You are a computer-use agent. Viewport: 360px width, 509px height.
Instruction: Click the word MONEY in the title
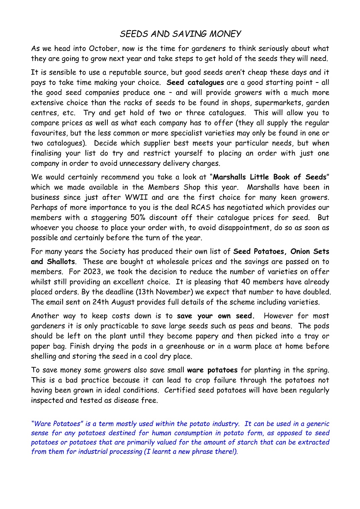click(x=224, y=34)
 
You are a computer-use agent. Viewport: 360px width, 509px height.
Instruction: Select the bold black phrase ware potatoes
click(x=212, y=370)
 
